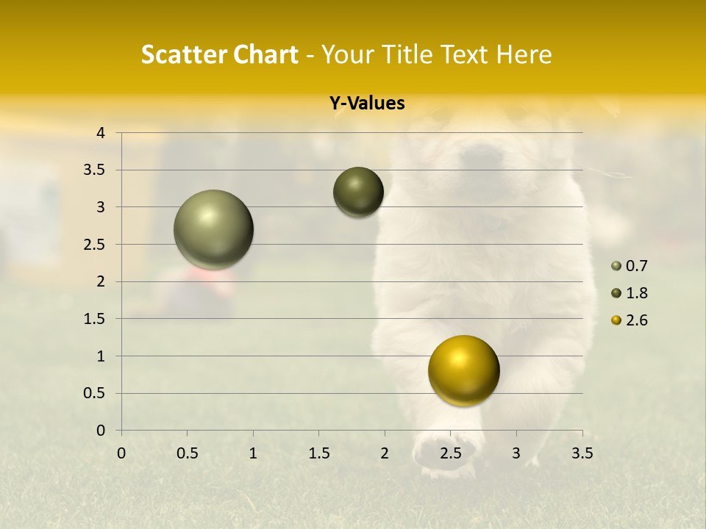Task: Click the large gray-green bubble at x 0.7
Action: click(x=214, y=229)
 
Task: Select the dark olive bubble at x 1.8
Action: click(x=358, y=192)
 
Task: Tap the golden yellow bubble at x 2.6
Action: click(x=463, y=370)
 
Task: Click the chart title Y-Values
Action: click(x=367, y=104)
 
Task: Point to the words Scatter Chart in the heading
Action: click(x=219, y=54)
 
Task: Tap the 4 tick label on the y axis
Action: click(x=101, y=133)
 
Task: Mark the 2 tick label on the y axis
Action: click(x=101, y=281)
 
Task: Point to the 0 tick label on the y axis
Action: click(x=101, y=431)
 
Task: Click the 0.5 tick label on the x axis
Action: click(x=187, y=453)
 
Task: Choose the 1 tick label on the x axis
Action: click(x=253, y=453)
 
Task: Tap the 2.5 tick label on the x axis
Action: click(x=450, y=453)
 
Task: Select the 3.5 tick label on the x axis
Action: click(x=582, y=453)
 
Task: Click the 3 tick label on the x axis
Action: click(x=516, y=453)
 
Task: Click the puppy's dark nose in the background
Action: click(x=482, y=155)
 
